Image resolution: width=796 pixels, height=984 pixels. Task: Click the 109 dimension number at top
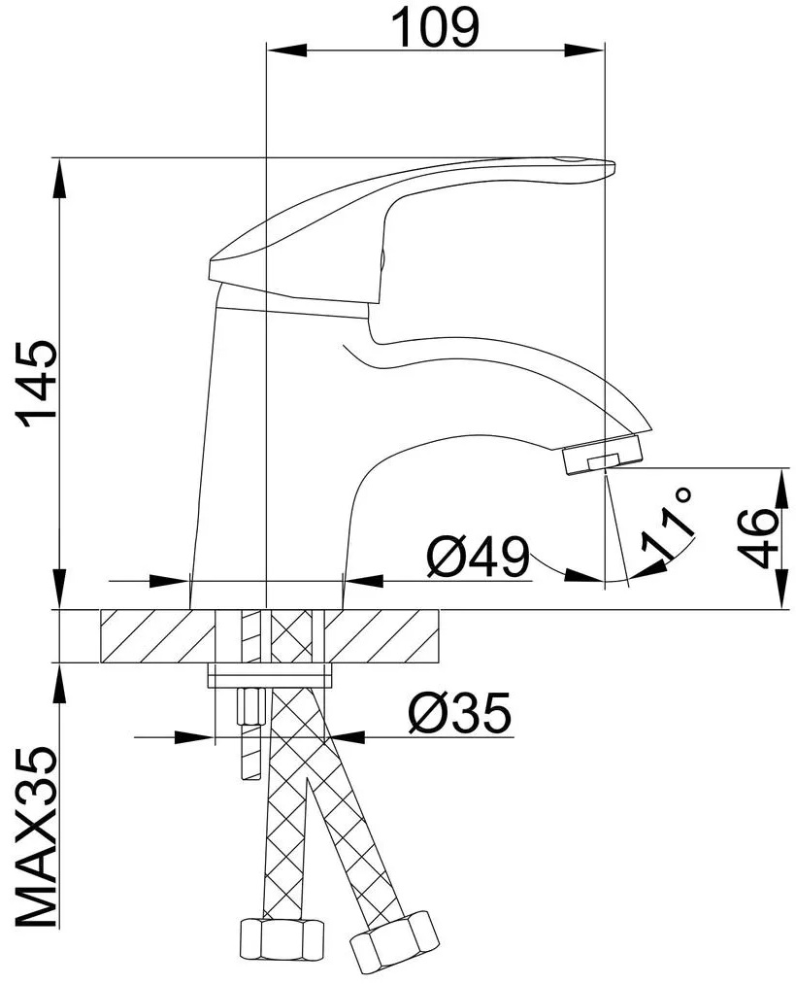pyautogui.click(x=435, y=27)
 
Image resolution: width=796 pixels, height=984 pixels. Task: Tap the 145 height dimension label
pyautogui.click(x=38, y=384)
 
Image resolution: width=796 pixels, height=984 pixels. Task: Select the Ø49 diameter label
pyautogui.click(x=478, y=557)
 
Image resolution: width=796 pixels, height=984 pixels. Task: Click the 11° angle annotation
pyautogui.click(x=669, y=523)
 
